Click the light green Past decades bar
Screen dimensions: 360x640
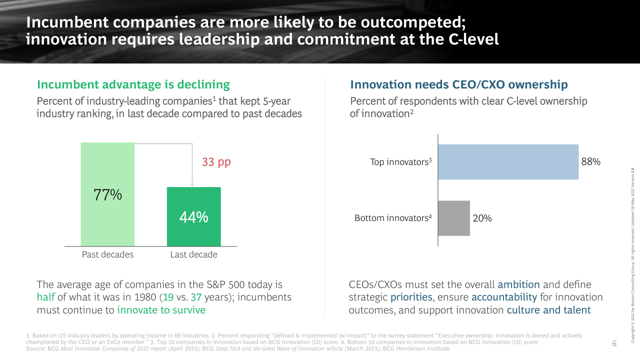(107, 170)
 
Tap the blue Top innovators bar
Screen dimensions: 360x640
(508, 162)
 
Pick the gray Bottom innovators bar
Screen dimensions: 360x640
(454, 218)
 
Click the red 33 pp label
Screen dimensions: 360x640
(216, 162)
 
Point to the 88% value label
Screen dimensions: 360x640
(590, 162)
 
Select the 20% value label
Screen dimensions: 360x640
(482, 218)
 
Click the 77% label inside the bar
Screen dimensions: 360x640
(108, 194)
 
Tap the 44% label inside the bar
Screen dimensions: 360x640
(193, 217)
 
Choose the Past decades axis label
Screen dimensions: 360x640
(108, 254)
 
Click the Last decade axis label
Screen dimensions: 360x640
(193, 254)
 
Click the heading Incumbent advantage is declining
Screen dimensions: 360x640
(133, 84)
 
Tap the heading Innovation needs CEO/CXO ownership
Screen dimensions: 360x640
(458, 84)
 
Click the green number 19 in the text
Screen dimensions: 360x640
(168, 297)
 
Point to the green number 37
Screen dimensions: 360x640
(196, 297)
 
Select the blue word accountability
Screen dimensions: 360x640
(504, 297)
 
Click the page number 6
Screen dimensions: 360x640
(614, 343)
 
